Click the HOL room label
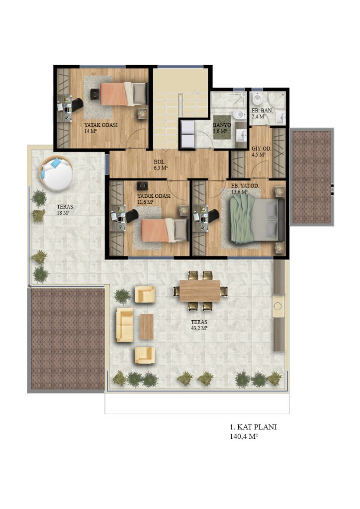click(x=159, y=162)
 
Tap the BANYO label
click(x=222, y=125)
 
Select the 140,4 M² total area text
click(x=244, y=437)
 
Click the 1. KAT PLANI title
click(x=253, y=427)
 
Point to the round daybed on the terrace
click(x=56, y=173)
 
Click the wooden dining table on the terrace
click(x=200, y=290)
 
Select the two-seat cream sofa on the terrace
click(x=125, y=325)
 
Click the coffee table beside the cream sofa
click(x=146, y=327)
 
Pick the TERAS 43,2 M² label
click(x=199, y=325)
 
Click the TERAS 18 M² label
click(x=65, y=210)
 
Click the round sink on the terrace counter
click(x=278, y=306)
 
